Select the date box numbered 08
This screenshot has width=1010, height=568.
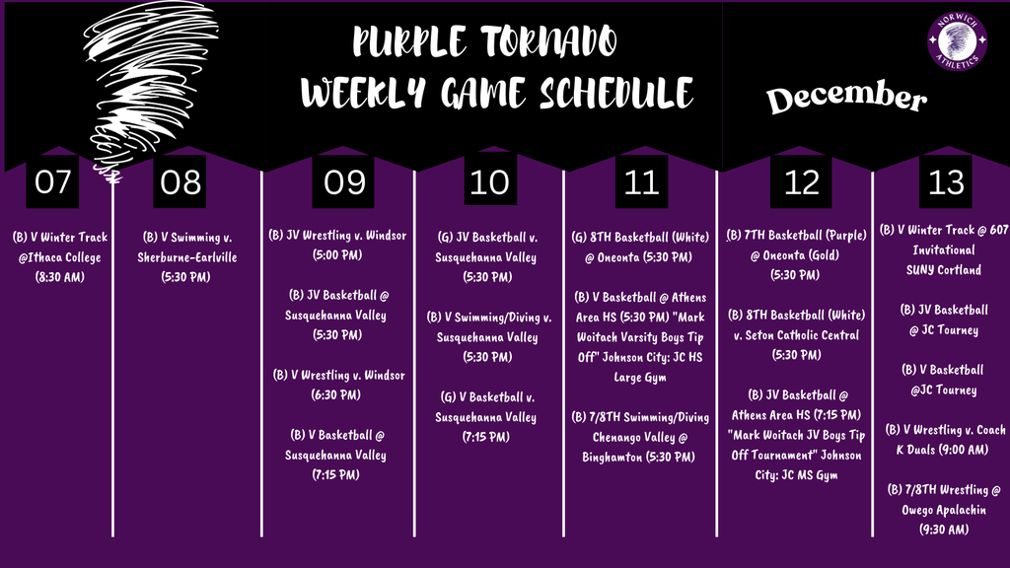180,182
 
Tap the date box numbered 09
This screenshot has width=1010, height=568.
344,182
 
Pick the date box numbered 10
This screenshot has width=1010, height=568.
490,182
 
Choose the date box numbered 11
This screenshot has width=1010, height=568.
642,182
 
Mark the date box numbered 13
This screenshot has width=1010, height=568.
945,182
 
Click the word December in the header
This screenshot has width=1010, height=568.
846,98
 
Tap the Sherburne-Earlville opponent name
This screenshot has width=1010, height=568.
187,257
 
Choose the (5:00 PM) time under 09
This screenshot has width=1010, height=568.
337,256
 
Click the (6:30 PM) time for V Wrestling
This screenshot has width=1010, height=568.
337,394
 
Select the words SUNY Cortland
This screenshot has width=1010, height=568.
944,270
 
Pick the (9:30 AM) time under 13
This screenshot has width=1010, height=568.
944,530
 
